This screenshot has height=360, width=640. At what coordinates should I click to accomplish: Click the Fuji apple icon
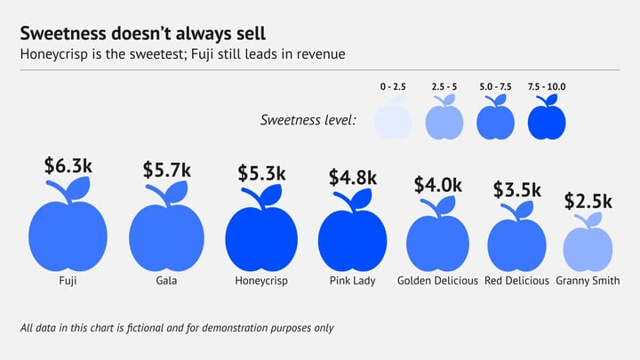[68, 235]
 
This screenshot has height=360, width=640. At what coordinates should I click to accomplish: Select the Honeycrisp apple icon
[261, 239]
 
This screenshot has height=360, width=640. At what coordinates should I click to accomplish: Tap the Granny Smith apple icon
[588, 248]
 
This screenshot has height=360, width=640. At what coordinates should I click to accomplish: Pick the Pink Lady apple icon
[352, 241]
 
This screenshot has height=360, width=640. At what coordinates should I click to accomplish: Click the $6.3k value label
[68, 165]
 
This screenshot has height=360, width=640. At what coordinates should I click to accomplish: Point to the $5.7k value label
[167, 169]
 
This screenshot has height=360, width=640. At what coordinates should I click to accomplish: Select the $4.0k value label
[438, 185]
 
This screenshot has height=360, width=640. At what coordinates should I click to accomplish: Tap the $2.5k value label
[588, 202]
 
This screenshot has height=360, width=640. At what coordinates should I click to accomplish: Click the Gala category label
[167, 281]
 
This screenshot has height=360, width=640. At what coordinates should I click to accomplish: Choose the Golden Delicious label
[438, 281]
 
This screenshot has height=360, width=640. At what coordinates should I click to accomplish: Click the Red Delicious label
[517, 281]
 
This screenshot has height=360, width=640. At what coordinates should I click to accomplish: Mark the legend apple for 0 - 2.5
[393, 119]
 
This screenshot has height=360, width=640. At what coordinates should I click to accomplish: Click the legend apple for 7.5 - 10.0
[547, 119]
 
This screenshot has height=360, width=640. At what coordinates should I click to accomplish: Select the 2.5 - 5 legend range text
[444, 86]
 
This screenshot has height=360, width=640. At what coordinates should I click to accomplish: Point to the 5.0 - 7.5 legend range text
[496, 86]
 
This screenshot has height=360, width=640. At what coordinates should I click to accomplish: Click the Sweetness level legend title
[308, 119]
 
